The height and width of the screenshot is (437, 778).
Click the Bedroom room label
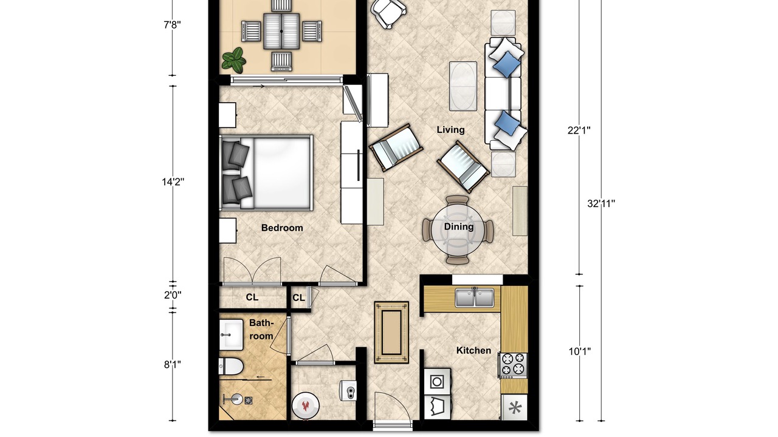tap(282, 228)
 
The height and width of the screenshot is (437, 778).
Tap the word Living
tap(450, 130)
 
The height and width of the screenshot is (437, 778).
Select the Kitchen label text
tap(473, 350)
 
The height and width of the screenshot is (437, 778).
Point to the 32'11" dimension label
tap(601, 203)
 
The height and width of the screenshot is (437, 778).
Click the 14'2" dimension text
tap(173, 181)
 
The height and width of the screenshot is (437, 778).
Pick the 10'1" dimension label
tap(580, 351)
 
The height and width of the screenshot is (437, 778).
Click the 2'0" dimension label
tap(173, 295)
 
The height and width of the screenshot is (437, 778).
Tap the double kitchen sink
tap(475, 297)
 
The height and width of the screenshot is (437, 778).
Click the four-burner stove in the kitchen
tap(514, 365)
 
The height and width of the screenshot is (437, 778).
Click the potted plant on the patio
tap(234, 60)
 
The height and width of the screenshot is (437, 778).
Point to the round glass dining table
tap(458, 229)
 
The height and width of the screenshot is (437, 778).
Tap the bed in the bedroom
tap(266, 173)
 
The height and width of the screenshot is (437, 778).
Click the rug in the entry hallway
tap(391, 332)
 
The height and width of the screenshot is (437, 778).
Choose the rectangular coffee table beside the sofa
tap(463, 86)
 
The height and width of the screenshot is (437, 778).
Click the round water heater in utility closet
tap(305, 406)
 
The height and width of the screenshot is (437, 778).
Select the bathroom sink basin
tap(231, 334)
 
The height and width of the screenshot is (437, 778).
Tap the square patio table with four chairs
tap(281, 31)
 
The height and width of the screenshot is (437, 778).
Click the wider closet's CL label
tap(252, 297)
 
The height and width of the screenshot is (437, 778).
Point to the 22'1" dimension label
tap(579, 130)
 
